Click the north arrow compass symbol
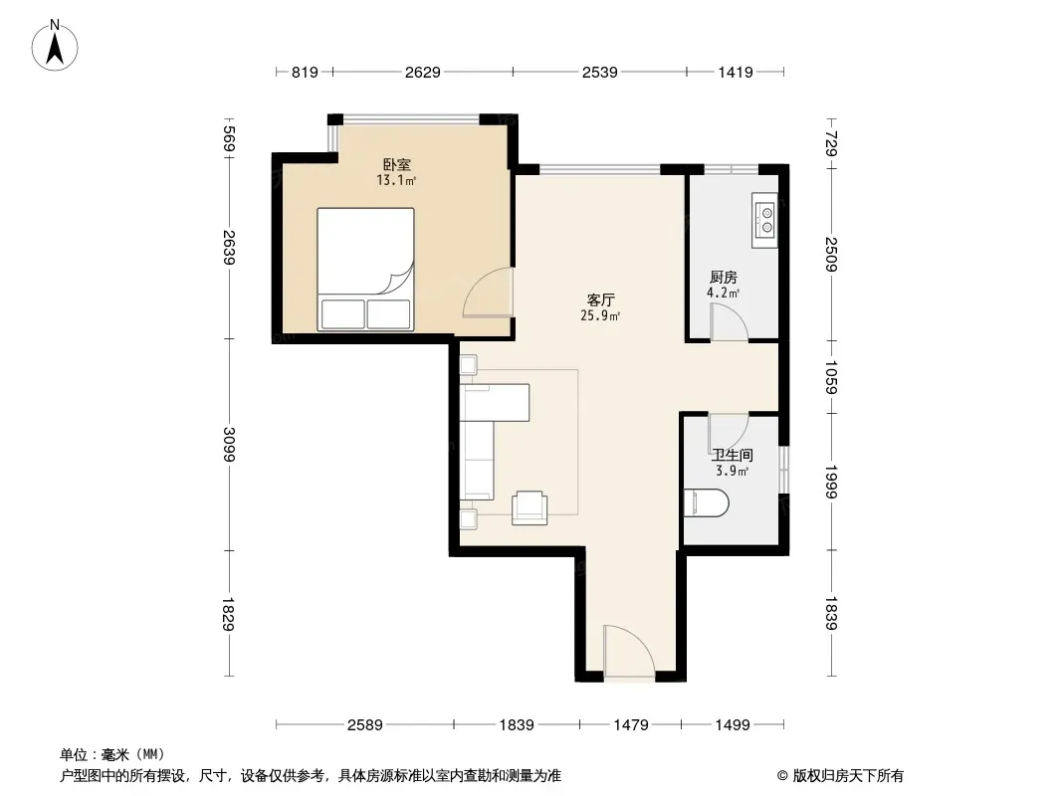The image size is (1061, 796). (x=55, y=46)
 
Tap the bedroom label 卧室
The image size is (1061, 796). (x=396, y=164)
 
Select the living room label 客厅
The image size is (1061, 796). (x=600, y=299)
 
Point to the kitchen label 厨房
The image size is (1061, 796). (x=724, y=278)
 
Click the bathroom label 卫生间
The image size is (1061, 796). (x=733, y=455)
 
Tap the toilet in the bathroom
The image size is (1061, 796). (x=706, y=503)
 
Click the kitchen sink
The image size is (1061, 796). (x=764, y=221)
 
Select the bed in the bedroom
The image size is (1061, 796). (x=365, y=270)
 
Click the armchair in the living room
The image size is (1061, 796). (x=530, y=507)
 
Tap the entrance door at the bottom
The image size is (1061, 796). (x=629, y=651)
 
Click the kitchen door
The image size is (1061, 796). (x=729, y=322)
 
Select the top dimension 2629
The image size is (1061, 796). (x=423, y=73)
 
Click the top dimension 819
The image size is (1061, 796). (x=305, y=73)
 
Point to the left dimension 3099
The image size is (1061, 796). (x=229, y=445)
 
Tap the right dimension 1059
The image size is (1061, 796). (x=832, y=377)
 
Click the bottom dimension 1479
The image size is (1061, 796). (x=631, y=725)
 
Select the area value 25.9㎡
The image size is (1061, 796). (x=600, y=315)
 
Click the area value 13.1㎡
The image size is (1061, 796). (x=396, y=180)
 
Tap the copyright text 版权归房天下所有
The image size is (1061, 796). (x=848, y=776)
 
